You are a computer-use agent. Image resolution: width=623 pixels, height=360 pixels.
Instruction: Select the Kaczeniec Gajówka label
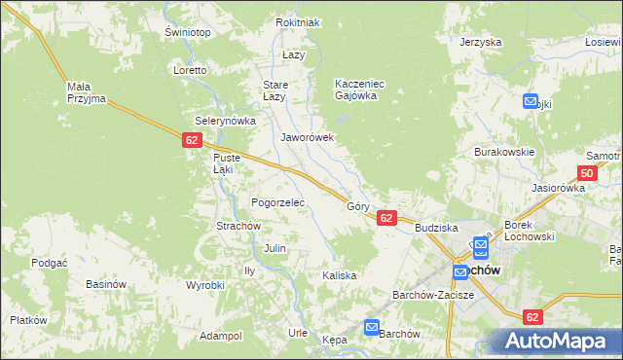pyautogui.click(x=360, y=90)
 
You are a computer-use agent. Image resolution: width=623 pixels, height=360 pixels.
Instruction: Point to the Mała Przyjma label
pyautogui.click(x=86, y=92)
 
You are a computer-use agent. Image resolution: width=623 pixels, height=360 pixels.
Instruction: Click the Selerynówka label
pyautogui.click(x=225, y=121)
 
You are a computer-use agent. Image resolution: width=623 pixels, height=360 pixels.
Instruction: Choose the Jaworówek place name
pyautogui.click(x=308, y=138)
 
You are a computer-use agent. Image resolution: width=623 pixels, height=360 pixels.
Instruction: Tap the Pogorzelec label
pyautogui.click(x=278, y=202)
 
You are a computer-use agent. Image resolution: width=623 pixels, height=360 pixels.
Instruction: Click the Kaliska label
pyautogui.click(x=340, y=275)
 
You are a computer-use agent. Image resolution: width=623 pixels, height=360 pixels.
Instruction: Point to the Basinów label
pyautogui.click(x=107, y=284)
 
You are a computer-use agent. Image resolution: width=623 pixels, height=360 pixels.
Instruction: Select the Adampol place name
pyautogui.click(x=220, y=336)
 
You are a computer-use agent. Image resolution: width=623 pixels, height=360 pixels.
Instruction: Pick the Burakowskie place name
pyautogui.click(x=504, y=153)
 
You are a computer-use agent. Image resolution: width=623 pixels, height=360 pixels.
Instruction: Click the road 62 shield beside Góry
pyautogui.click(x=387, y=218)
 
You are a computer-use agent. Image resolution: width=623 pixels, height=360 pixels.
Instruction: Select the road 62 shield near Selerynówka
pyautogui.click(x=192, y=140)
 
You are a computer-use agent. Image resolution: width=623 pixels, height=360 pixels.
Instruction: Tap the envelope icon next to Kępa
pyautogui.click(x=372, y=328)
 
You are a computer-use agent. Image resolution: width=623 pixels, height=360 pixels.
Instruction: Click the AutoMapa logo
pyautogui.click(x=559, y=341)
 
